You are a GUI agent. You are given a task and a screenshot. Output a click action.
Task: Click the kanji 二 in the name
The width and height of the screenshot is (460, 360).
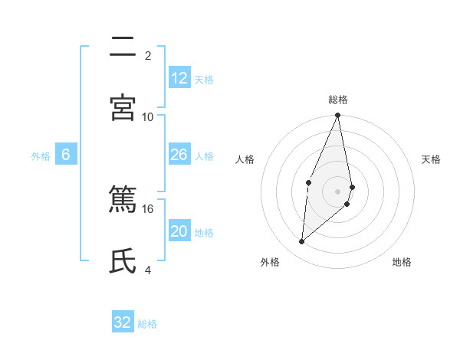(123, 47)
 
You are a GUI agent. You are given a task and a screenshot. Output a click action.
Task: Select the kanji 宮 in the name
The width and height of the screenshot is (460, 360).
(123, 107)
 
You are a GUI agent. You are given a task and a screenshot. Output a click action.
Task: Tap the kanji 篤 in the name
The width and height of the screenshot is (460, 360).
(123, 201)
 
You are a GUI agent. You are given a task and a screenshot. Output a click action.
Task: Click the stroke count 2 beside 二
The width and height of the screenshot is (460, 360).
(148, 56)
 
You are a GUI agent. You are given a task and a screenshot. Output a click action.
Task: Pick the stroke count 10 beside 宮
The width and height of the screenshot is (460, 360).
(148, 116)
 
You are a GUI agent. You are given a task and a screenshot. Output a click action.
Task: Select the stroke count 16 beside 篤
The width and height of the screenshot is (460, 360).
(148, 208)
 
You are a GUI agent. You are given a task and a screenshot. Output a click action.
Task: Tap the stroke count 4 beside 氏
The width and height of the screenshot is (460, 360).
(148, 269)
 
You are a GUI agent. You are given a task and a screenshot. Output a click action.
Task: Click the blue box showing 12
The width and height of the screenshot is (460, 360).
(179, 78)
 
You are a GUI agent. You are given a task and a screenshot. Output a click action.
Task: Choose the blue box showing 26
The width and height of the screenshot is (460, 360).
(179, 155)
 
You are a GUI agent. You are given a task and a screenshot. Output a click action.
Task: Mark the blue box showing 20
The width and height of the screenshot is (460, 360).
(179, 231)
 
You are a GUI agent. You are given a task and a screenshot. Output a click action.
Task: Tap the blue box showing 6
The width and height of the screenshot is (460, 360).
(66, 155)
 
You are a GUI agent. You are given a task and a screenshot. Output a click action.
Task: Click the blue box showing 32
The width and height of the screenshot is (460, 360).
(123, 322)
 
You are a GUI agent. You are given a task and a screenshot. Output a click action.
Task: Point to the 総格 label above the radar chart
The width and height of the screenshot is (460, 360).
(338, 100)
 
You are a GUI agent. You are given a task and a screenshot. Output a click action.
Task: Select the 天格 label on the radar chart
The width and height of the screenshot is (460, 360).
(432, 159)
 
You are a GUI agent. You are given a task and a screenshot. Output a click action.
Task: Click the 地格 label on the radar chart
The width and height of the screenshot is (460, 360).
(402, 262)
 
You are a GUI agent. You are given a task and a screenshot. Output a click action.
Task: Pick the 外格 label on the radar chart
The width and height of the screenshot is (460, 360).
(270, 262)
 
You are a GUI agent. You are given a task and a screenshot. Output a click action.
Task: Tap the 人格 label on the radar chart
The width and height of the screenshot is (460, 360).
(245, 159)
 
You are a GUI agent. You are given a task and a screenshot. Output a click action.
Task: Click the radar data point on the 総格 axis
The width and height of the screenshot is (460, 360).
(338, 116)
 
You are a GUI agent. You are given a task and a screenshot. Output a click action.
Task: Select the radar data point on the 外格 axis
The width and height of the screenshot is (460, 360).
(302, 242)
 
